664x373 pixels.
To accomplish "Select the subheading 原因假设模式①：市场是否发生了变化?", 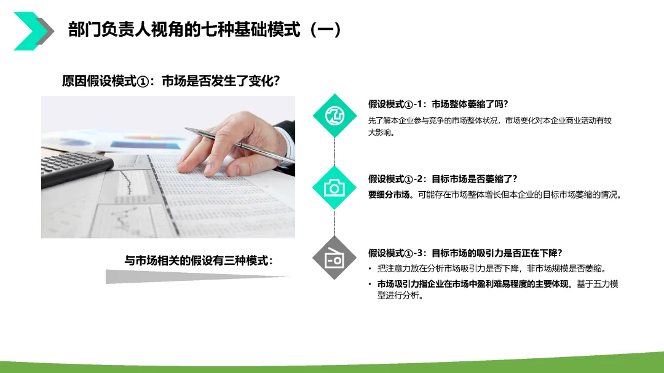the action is [x=171, y=80].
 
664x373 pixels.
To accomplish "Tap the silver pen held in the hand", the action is [x=240, y=144].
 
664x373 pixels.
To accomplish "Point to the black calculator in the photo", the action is [x=76, y=168].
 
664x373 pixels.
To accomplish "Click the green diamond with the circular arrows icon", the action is [x=334, y=116].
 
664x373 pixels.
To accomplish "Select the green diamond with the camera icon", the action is [x=334, y=188].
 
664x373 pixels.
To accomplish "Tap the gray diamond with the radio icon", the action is [x=334, y=258].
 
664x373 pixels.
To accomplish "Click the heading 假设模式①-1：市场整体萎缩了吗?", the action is [x=438, y=104].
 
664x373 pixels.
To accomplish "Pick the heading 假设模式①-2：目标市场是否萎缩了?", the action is [x=443, y=179].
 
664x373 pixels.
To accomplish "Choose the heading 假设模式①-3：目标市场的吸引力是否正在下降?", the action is [x=465, y=253].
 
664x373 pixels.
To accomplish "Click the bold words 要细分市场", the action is [x=389, y=195].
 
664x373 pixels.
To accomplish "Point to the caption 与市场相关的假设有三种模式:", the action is [x=199, y=261].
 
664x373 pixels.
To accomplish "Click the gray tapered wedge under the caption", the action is [x=197, y=277].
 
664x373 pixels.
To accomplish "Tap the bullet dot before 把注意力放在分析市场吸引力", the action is [x=370, y=269].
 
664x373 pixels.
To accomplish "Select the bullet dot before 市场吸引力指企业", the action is [x=370, y=284].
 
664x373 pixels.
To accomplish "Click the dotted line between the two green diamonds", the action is [x=334, y=152].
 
